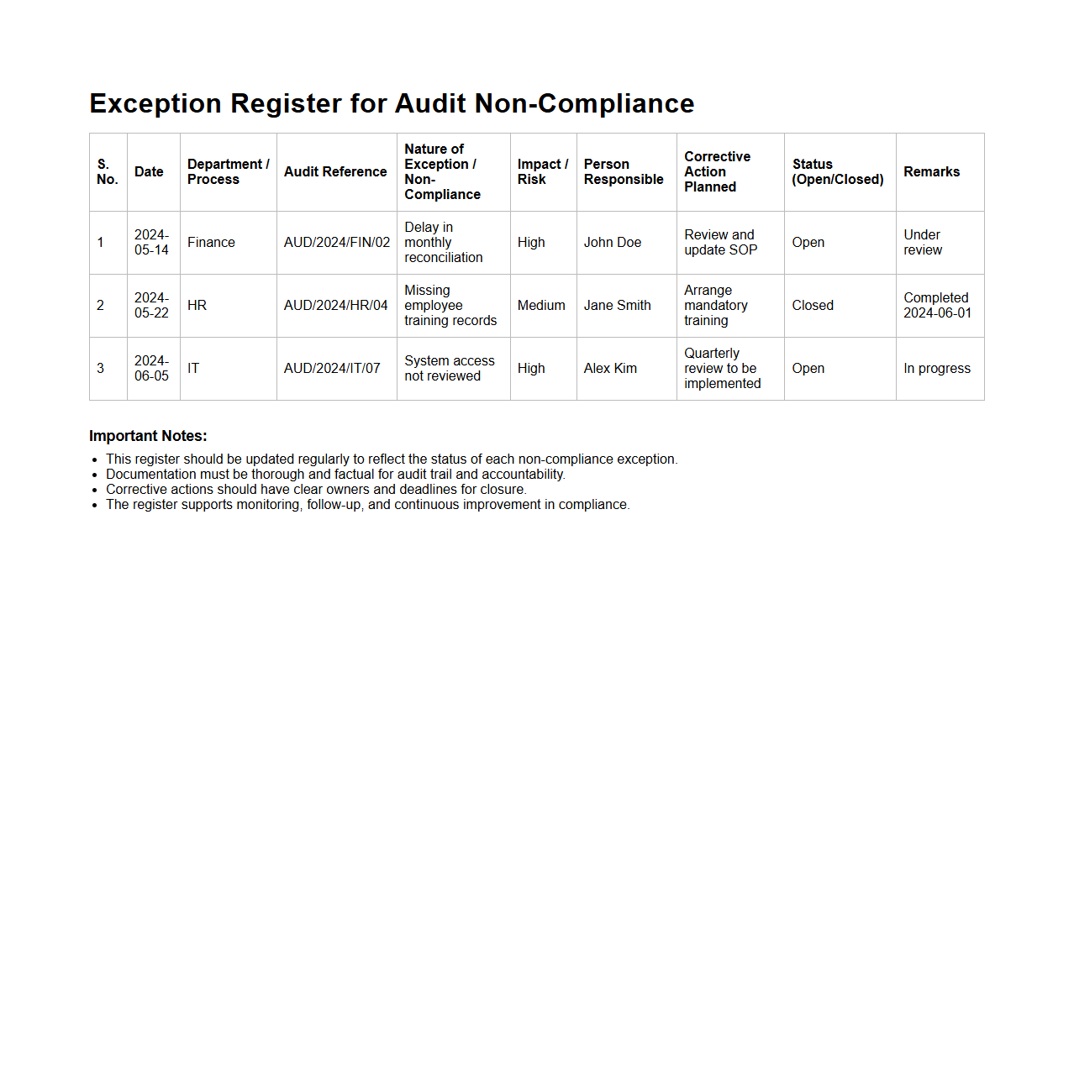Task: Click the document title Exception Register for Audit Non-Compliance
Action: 392,103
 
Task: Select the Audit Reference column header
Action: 335,172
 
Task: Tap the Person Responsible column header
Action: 624,172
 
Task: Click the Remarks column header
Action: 931,172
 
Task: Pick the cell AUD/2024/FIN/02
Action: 337,243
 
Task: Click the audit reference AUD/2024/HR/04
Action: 335,306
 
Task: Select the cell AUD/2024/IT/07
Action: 332,369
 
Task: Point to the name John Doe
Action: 612,243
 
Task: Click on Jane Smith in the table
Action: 617,306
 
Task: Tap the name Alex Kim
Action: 610,369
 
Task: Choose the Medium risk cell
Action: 541,306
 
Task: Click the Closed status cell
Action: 813,306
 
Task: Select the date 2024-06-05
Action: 151,369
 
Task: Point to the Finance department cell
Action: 211,243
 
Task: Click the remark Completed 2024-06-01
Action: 937,306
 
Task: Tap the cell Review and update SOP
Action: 720,243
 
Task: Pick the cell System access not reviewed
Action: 449,369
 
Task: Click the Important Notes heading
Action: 148,436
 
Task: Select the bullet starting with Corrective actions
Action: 316,490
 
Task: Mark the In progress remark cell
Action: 937,369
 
